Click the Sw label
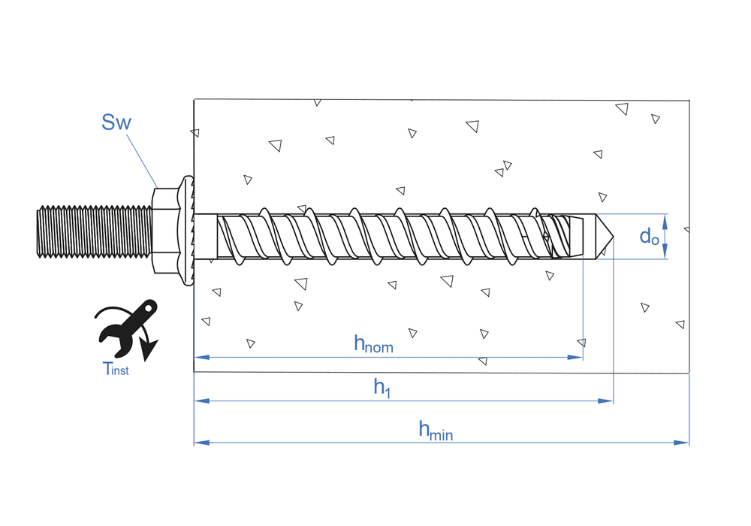tap(116, 122)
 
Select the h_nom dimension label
tap(373, 344)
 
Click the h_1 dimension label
tap(382, 388)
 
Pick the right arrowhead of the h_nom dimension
tap(576, 357)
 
